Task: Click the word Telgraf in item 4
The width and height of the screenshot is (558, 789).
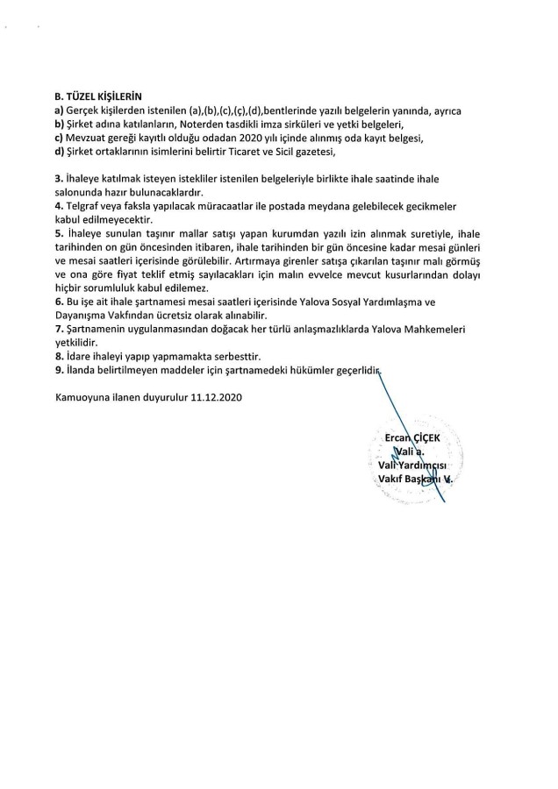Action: (x=84, y=205)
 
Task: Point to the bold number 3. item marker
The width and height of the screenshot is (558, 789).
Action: (x=58, y=178)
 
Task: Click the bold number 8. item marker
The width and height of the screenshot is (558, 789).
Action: (x=58, y=358)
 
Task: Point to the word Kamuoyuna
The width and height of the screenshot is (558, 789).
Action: (x=84, y=396)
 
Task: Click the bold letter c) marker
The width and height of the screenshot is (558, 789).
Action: (x=59, y=138)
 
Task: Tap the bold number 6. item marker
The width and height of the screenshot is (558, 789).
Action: (x=58, y=300)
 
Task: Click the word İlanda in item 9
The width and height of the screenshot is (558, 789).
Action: (x=82, y=371)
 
